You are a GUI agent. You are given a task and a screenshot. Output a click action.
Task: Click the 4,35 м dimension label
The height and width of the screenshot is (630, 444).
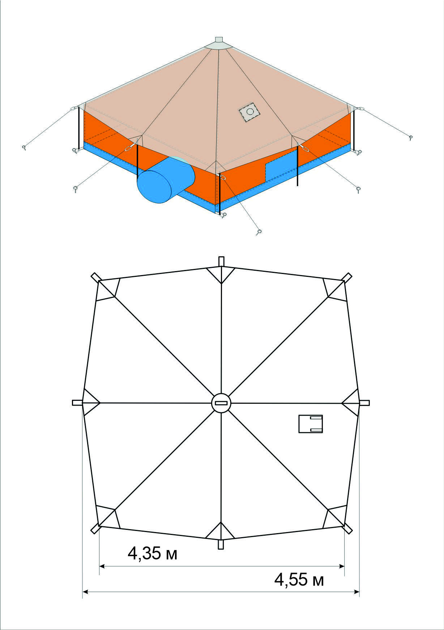coord(153,553)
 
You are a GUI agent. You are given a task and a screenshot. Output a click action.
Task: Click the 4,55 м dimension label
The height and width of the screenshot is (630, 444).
coord(299,580)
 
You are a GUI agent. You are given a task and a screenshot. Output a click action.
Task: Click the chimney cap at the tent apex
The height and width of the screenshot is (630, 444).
coord(219,39)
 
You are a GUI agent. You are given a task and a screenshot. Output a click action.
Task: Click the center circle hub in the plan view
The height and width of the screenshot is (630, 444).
coord(221,403)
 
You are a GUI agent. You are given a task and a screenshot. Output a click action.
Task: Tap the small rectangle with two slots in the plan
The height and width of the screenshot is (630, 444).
coord(310,424)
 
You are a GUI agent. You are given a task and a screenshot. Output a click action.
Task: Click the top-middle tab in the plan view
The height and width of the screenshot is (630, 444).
coord(221,261)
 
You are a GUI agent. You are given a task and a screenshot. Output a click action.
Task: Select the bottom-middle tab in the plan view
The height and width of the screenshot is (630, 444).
coord(221,545)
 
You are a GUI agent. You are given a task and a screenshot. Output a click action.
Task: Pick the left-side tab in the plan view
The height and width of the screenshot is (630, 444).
coord(77,403)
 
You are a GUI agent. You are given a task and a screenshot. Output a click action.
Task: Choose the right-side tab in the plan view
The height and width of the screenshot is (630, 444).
coord(364,403)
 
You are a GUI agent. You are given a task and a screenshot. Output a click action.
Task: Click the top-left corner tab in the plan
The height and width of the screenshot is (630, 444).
coord(96,277)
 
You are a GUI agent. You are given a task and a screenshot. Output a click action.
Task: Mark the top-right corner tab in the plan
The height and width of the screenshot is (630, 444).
coord(347,277)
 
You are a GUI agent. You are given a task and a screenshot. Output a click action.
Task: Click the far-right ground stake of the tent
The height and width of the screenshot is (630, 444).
coord(411,137)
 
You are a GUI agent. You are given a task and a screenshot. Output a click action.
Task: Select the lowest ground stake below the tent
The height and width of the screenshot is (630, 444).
coord(259,232)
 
